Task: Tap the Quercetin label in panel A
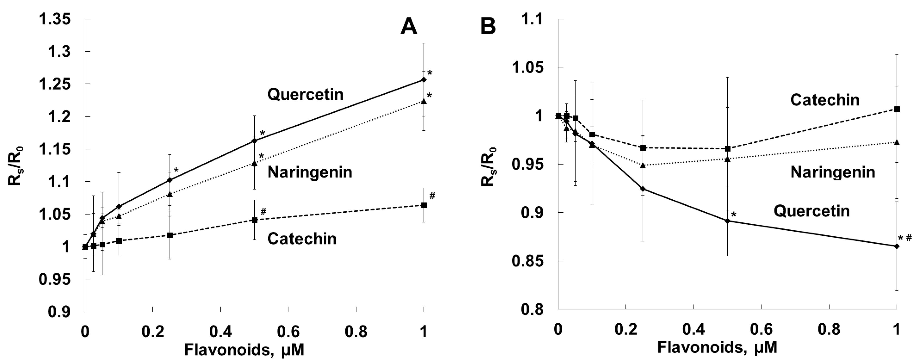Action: tap(305, 95)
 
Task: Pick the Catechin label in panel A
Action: tap(302, 239)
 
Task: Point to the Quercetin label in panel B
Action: tap(811, 211)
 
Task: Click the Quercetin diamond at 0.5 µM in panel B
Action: tap(727, 221)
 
